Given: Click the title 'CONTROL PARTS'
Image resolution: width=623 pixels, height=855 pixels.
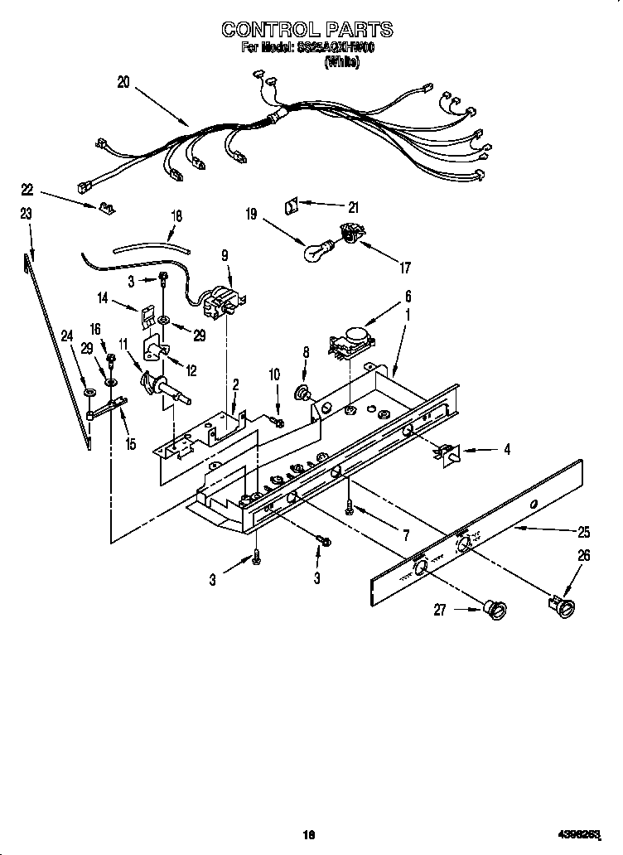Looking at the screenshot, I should (307, 30).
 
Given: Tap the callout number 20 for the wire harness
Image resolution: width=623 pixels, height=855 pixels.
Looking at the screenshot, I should (123, 83).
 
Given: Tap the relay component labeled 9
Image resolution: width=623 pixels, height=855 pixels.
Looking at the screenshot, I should (222, 303).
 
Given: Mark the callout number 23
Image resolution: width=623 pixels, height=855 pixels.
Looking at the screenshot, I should (26, 214).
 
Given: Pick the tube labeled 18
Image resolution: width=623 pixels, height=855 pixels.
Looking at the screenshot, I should (149, 246).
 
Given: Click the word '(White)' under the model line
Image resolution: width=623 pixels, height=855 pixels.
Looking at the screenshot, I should (341, 61).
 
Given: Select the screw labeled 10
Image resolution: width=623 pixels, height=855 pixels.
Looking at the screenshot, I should (278, 423).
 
